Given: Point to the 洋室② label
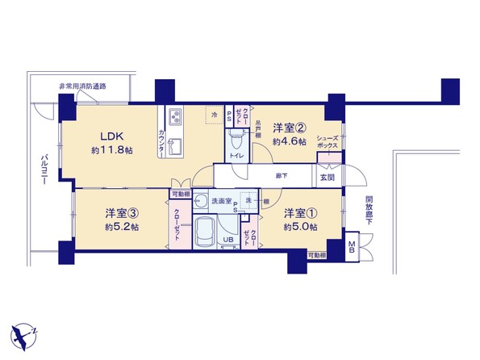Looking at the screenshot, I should coord(288,128).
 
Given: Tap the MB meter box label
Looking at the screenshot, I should coord(353,246).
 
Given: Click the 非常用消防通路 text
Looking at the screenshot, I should coord(82,86).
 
